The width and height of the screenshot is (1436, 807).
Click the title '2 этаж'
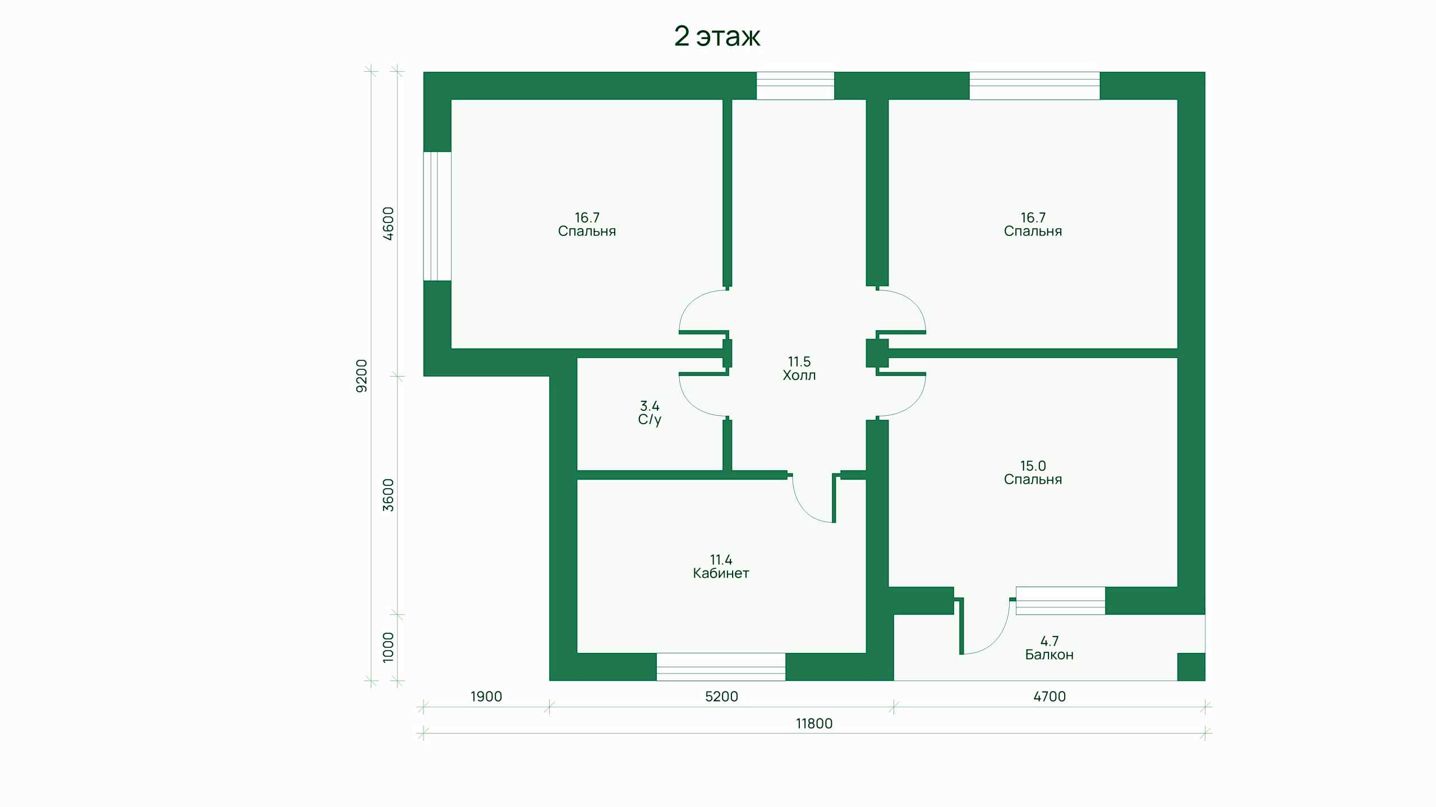pyautogui.click(x=717, y=37)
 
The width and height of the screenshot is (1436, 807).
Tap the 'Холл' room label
pyautogui.click(x=799, y=375)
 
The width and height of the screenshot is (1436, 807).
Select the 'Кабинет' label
pyautogui.click(x=721, y=573)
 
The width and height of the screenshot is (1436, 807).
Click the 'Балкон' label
pyautogui.click(x=1049, y=655)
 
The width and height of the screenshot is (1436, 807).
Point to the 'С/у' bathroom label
pyautogui.click(x=650, y=420)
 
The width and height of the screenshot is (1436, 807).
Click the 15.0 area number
pyautogui.click(x=1033, y=466)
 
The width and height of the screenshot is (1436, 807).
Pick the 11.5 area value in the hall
pyautogui.click(x=799, y=361)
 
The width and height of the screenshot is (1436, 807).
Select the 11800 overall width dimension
pyautogui.click(x=814, y=723)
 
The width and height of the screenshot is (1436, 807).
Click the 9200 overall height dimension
pyautogui.click(x=362, y=375)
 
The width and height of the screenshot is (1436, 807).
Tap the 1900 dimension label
pyautogui.click(x=486, y=697)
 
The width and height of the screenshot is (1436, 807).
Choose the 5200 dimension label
pyautogui.click(x=721, y=697)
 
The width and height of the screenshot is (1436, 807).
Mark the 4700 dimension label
pyautogui.click(x=1049, y=697)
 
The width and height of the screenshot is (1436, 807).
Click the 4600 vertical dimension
pyautogui.click(x=388, y=224)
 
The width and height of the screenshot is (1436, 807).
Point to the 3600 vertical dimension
pyautogui.click(x=388, y=495)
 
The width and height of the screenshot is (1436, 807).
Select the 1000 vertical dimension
pyautogui.click(x=388, y=647)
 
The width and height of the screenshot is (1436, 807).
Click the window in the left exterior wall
pyautogui.click(x=437, y=216)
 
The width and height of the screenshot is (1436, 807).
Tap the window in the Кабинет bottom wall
pyautogui.click(x=721, y=667)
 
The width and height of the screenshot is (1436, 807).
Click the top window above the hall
pyautogui.click(x=795, y=86)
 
